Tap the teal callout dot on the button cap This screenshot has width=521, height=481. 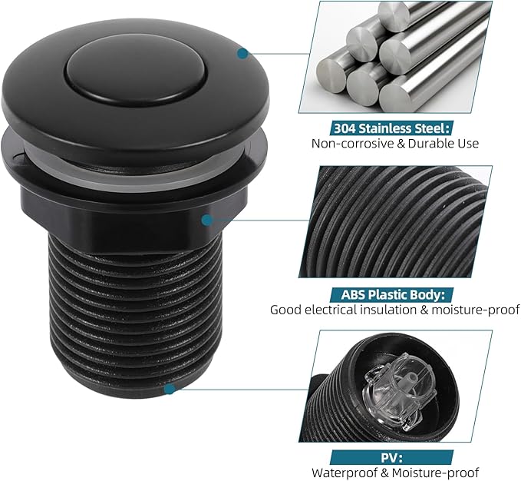point(243,54)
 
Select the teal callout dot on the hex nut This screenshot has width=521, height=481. point(207,221)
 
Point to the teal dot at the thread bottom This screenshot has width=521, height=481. point(170,389)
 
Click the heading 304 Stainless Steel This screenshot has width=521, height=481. point(391,128)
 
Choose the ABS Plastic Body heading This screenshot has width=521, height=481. point(392,295)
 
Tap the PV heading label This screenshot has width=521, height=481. point(391,458)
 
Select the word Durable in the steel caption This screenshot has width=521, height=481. point(430,144)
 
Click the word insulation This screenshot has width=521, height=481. point(389,310)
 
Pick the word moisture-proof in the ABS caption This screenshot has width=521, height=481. point(475,310)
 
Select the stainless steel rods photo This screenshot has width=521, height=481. point(395,57)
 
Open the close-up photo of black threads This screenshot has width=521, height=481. point(395,221)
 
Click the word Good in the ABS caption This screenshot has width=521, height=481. point(285,310)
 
